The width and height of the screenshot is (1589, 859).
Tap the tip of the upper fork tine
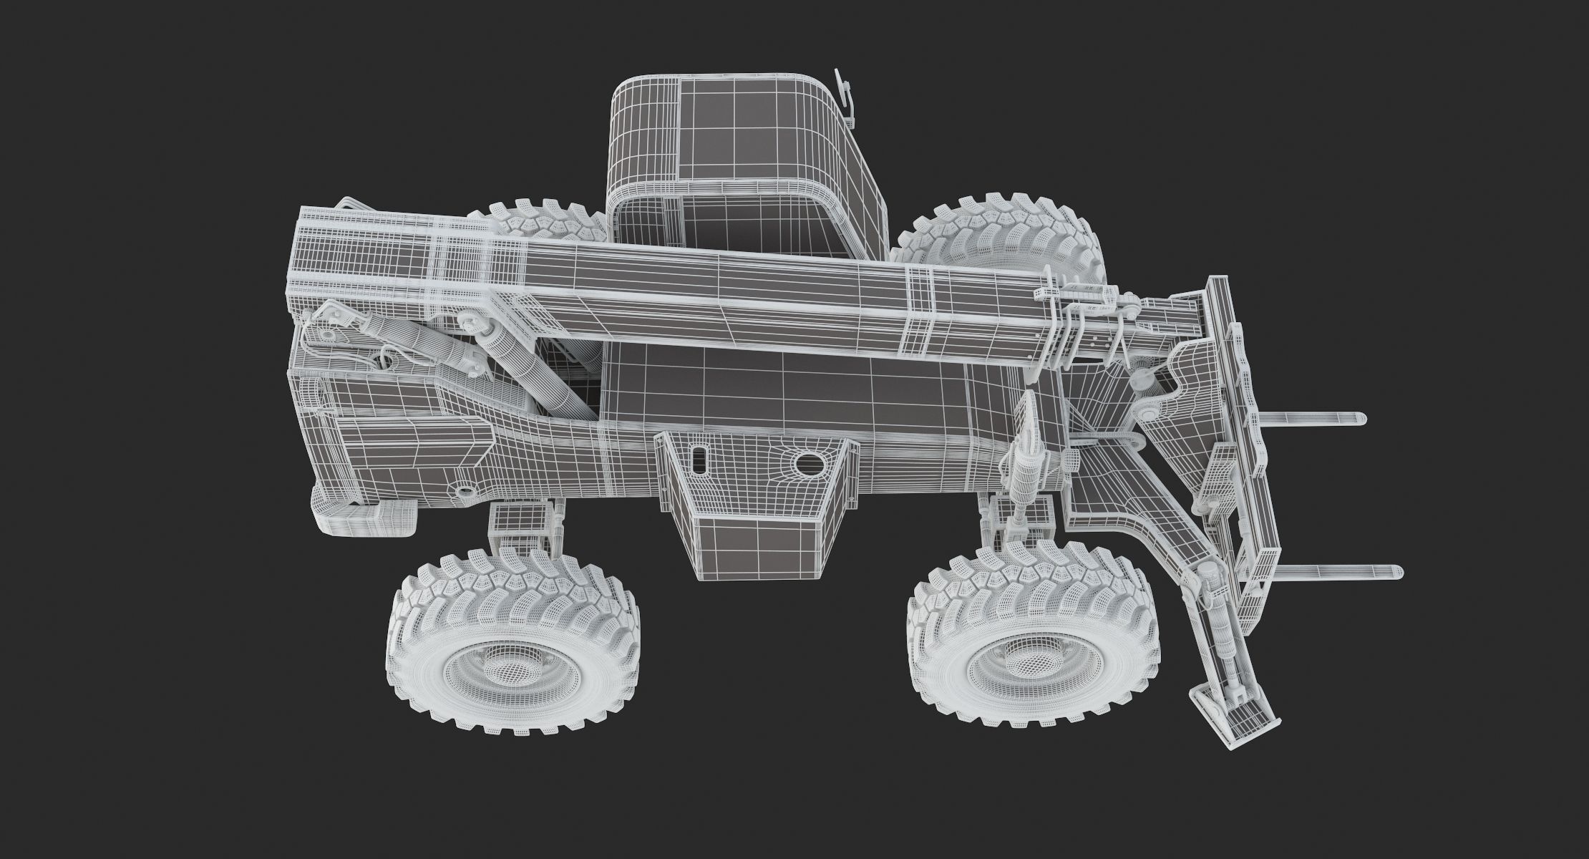pyautogui.click(x=1359, y=419)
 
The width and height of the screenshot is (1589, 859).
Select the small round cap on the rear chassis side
pyautogui.click(x=467, y=492)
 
